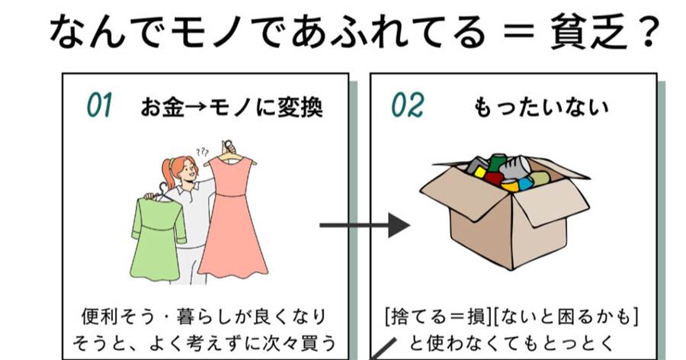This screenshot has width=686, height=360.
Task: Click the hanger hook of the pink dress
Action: click(x=226, y=145)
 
